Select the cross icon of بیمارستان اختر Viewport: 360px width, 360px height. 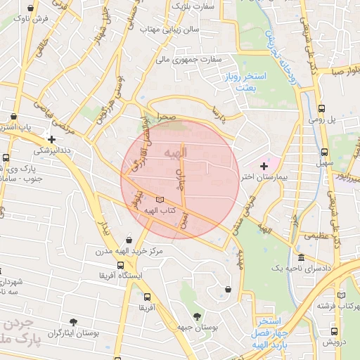coord(264,166)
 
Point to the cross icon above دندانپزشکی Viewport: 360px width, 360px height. coord(51,139)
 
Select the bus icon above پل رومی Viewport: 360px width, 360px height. coord(321,109)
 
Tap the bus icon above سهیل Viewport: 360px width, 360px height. coord(324,151)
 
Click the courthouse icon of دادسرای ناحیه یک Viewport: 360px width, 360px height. coord(301,258)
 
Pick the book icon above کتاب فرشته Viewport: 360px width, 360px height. coord(342,295)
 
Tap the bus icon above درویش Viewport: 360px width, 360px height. coord(334,330)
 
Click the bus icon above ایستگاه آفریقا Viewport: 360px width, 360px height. coord(121,266)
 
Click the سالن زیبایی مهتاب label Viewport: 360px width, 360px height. coord(170,30)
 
